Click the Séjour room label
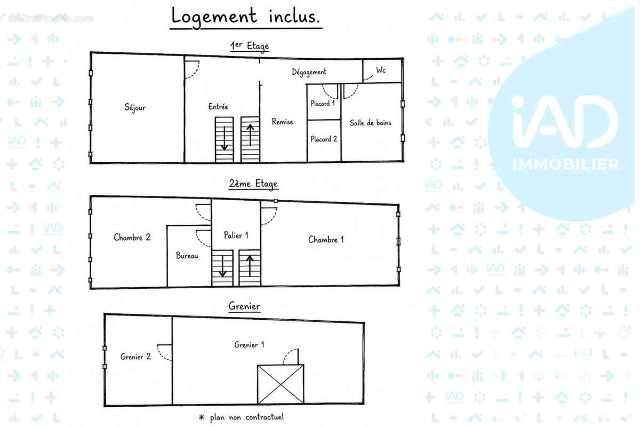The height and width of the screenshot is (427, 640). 135,108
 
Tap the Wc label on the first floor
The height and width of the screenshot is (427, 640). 381,70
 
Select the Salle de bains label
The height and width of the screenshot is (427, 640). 371,123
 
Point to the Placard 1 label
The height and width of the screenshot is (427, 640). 323,103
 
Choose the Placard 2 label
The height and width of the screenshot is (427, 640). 324,139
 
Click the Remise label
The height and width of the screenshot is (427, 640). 282,122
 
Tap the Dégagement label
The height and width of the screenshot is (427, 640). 309,72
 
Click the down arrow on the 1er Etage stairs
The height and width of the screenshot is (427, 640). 225,138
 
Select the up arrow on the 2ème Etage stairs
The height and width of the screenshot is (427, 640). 250,266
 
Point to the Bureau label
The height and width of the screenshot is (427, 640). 187,255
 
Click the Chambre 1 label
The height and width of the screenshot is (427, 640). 326,239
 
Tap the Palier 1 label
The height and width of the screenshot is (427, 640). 236,235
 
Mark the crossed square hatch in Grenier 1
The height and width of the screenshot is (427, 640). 281,384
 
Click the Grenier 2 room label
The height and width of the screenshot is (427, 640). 135,357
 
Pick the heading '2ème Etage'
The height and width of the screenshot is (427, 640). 253,184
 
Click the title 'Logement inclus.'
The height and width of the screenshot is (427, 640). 245,17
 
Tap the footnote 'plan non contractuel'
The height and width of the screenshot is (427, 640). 247,417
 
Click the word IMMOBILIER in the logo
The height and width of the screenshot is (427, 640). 565,164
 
